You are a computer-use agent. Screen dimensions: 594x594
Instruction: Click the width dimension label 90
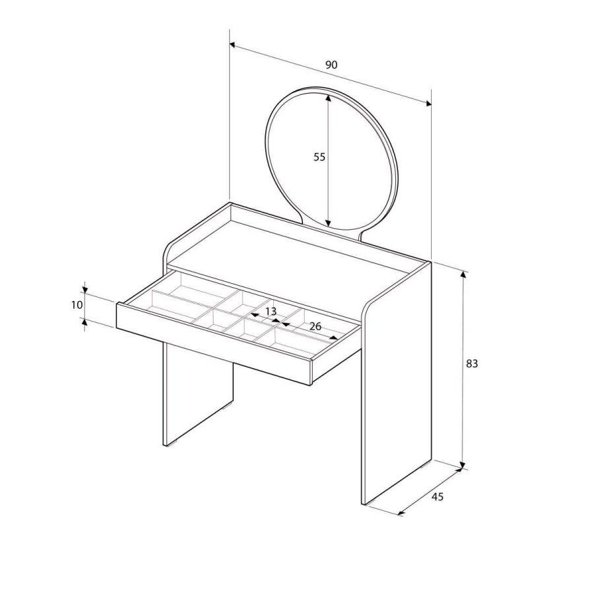[x=331, y=65]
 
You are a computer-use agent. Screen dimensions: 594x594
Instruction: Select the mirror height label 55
[x=319, y=157]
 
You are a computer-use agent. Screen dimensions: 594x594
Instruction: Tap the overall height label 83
[x=471, y=364]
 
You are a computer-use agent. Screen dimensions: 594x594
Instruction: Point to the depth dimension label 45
[x=437, y=496]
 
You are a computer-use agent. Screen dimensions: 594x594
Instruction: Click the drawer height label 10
[x=77, y=304]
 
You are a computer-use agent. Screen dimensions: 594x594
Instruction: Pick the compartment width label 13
[x=271, y=311]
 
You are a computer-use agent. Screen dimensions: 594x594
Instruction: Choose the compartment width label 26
[x=315, y=326]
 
